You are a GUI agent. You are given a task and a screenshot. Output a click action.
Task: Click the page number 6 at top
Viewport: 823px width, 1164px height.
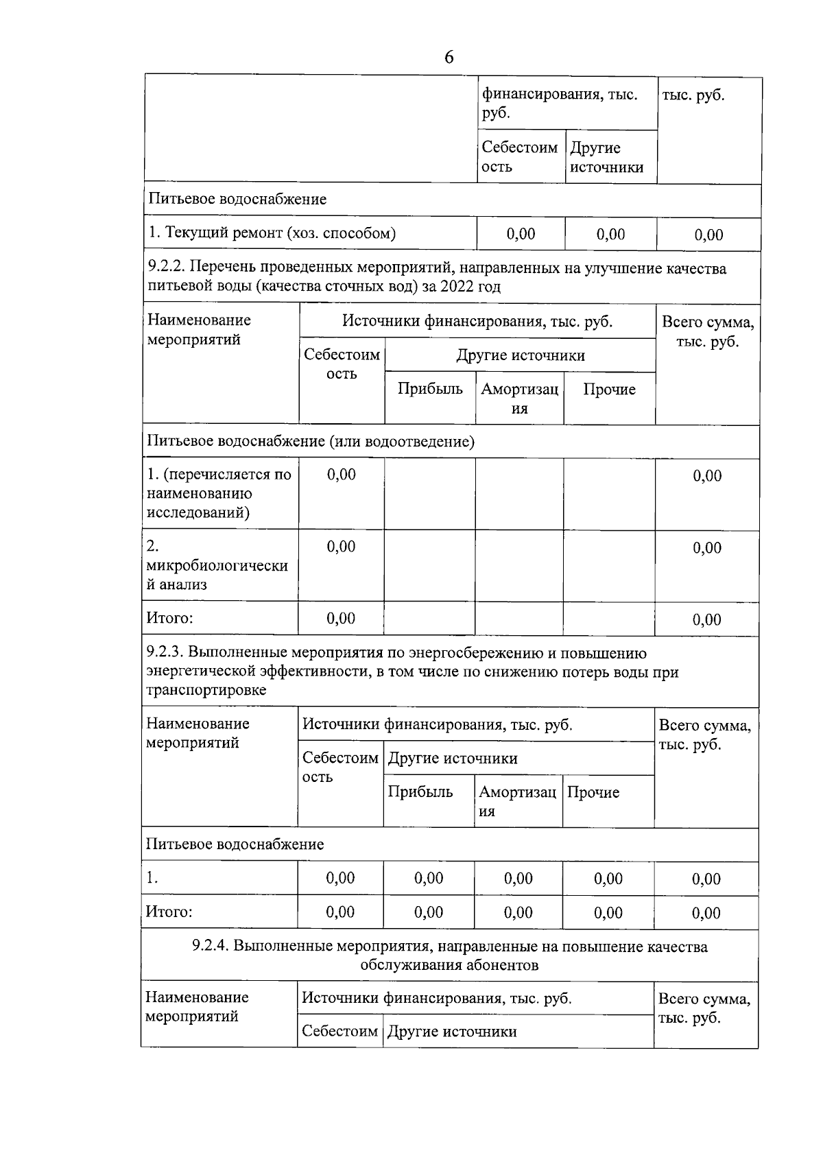click(449, 58)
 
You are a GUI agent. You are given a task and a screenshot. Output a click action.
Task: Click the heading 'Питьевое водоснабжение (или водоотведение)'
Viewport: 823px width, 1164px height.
click(310, 441)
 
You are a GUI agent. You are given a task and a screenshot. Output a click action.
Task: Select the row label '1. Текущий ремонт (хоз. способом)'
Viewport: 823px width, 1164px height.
click(272, 233)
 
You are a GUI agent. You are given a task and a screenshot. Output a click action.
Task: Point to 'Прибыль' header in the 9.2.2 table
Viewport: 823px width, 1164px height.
click(430, 389)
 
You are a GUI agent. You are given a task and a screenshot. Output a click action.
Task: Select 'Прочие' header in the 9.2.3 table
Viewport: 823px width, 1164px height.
click(593, 792)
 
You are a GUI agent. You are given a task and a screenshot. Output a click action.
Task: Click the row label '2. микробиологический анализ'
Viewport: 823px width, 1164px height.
click(217, 566)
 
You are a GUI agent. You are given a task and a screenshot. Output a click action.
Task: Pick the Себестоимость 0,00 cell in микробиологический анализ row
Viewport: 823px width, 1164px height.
click(341, 547)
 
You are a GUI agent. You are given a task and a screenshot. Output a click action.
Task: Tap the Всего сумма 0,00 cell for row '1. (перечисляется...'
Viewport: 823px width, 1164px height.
click(707, 475)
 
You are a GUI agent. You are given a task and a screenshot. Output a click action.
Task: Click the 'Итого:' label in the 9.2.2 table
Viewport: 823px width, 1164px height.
click(169, 618)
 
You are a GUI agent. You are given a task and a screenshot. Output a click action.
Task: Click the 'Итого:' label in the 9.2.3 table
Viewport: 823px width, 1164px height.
click(169, 912)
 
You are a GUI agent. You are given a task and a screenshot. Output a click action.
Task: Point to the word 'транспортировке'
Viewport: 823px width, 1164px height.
click(206, 691)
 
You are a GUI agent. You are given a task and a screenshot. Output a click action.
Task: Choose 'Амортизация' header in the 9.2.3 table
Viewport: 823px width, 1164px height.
click(517, 801)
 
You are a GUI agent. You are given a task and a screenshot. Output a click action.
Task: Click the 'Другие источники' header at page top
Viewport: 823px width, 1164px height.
click(606, 158)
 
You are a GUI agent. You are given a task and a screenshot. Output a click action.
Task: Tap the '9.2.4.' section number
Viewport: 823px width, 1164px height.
click(211, 947)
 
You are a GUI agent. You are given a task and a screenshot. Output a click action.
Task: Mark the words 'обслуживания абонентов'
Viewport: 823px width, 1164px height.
click(449, 965)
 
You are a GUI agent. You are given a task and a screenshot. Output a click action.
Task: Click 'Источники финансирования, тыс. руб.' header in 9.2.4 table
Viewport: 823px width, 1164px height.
click(436, 999)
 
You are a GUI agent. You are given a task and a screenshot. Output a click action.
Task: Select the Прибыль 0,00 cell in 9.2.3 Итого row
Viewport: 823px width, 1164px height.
click(429, 912)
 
